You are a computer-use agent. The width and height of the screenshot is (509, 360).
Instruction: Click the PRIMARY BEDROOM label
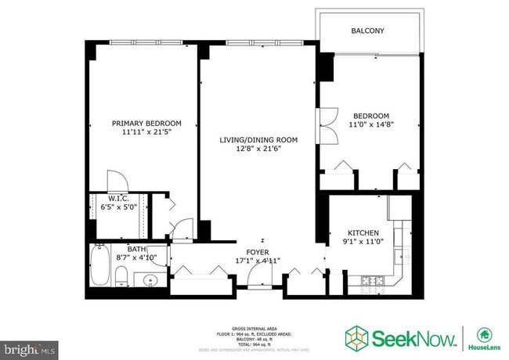click(x=146, y=123)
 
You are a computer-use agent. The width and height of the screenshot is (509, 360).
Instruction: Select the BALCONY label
click(x=366, y=31)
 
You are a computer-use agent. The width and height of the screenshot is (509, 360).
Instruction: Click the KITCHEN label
click(x=363, y=233)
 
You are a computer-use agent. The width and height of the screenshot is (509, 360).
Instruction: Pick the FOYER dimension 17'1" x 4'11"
click(x=258, y=261)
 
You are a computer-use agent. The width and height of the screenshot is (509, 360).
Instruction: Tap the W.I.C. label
click(x=118, y=198)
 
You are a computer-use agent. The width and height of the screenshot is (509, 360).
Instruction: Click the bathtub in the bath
click(x=100, y=266)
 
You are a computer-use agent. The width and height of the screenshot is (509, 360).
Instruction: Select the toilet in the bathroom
click(x=121, y=275)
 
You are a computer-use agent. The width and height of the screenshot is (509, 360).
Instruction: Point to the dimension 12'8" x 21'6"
click(x=258, y=150)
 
